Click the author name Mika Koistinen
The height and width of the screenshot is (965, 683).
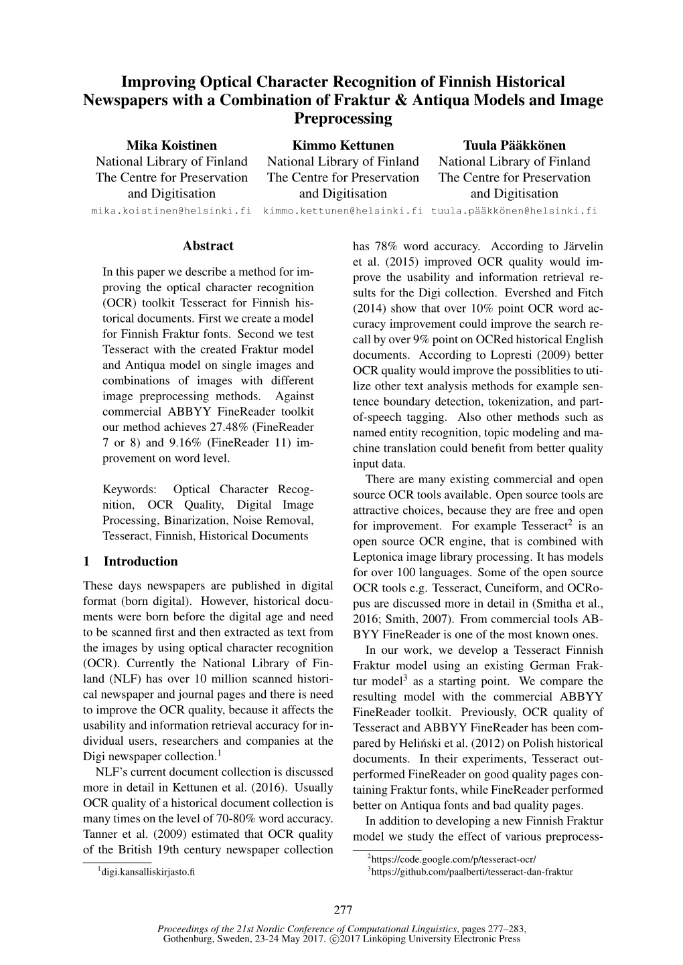pos(171,145)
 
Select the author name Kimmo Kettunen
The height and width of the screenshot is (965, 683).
pos(343,145)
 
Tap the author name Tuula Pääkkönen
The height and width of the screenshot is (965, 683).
pos(514,145)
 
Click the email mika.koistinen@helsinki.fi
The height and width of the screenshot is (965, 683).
pos(171,210)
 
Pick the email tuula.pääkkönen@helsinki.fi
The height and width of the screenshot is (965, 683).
pos(514,210)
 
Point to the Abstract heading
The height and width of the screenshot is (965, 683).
pos(208,246)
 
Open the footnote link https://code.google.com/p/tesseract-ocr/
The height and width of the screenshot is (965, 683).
pos(453,859)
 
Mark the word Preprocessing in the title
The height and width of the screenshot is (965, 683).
pos(343,118)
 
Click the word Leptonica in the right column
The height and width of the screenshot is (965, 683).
pos(379,557)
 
